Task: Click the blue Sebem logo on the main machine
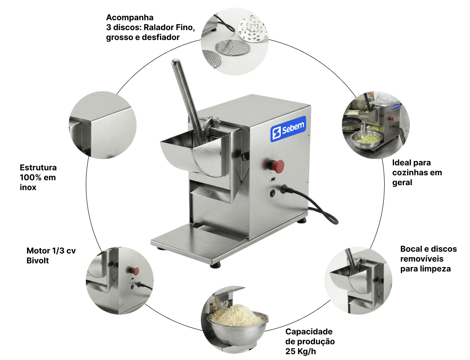(288, 129)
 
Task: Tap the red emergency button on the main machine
(276, 166)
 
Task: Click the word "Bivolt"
(37, 261)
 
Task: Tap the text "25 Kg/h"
(300, 351)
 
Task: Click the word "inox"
(28, 187)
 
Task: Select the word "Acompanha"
(129, 18)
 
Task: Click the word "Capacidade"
(309, 332)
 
